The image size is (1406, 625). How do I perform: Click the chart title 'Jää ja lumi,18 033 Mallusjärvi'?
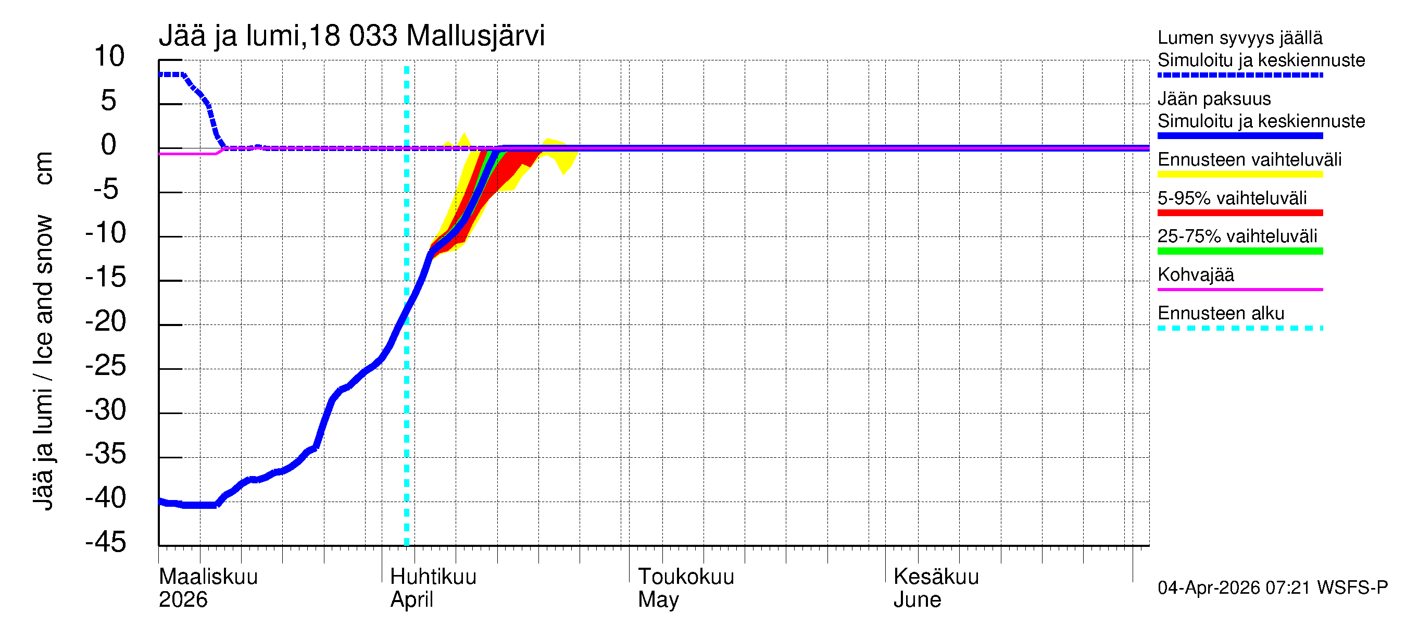click(351, 36)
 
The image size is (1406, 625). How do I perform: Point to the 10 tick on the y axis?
click(109, 56)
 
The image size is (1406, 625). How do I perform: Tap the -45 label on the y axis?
click(106, 542)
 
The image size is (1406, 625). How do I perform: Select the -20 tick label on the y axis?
click(106, 321)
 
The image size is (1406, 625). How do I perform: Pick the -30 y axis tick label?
click(106, 409)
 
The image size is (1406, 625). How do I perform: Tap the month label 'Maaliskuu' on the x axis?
click(208, 577)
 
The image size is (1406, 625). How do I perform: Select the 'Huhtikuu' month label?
click(433, 577)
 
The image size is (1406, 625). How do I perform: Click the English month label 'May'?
click(658, 599)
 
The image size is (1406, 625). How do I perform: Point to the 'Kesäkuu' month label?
click(936, 577)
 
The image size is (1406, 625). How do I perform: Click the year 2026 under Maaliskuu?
click(183, 599)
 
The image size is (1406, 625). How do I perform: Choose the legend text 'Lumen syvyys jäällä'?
click(1239, 37)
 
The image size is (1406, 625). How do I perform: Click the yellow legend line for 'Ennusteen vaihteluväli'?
click(1239, 174)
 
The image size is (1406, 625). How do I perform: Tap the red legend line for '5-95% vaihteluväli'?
click(1239, 213)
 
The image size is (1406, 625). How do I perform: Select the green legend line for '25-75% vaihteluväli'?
click(1239, 251)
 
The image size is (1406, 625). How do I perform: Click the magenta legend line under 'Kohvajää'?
click(1239, 289)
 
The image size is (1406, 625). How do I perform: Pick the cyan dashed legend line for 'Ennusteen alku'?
click(1239, 328)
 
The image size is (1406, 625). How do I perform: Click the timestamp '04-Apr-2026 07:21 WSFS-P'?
click(1272, 587)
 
